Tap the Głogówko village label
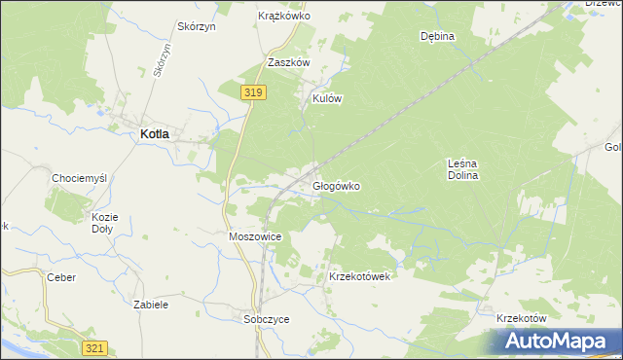click(337, 186)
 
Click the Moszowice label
click(255, 236)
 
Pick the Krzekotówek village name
click(359, 276)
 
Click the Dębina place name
click(437, 36)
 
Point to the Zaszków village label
click(288, 62)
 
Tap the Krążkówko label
click(282, 17)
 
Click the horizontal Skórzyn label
click(196, 26)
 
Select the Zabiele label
click(151, 305)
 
